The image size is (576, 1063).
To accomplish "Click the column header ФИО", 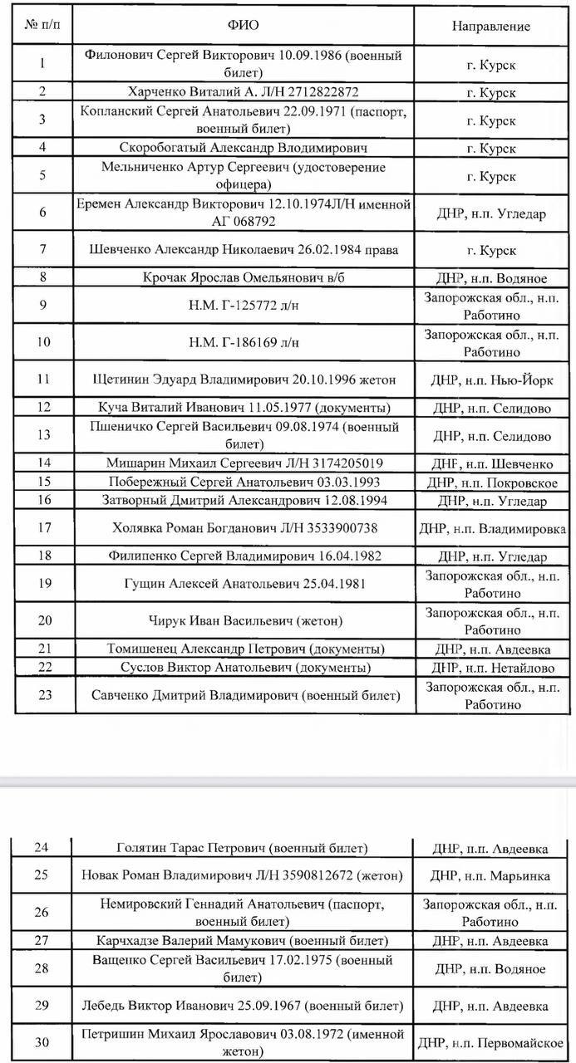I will tap(244, 26).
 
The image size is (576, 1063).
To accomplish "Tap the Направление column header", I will tap(490, 26).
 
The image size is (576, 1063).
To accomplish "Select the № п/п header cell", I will tap(42, 26).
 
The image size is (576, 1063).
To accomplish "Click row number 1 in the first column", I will tap(43, 63).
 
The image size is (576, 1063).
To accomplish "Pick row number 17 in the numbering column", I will tap(44, 528).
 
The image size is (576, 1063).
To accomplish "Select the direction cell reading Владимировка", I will tap(492, 528).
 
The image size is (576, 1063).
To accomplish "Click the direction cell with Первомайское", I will tap(492, 1042).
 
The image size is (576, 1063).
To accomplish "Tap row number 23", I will tap(44, 695).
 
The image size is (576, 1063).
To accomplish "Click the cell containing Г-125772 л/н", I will tap(244, 306).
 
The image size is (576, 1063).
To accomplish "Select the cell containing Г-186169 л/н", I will tap(244, 342).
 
